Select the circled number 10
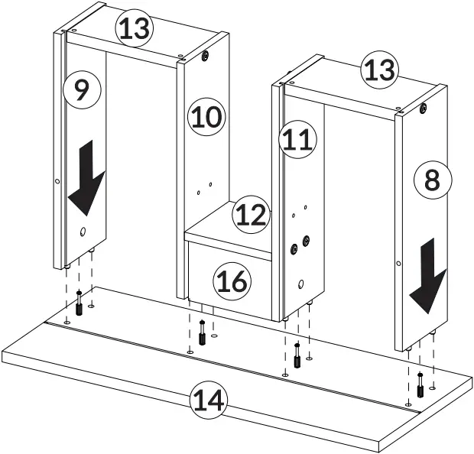click(205, 117)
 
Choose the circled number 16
click(232, 282)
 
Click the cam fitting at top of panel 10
click(206, 57)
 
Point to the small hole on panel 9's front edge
click(58, 182)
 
